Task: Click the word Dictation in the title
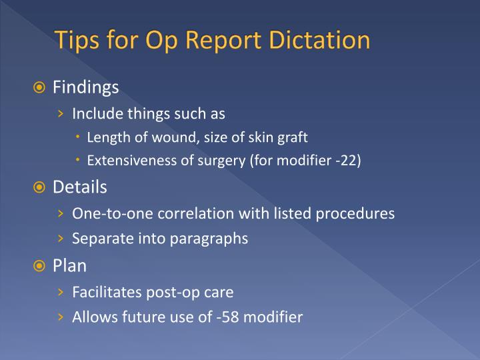(319, 40)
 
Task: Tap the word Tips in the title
(77, 41)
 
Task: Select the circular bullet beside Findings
(39, 88)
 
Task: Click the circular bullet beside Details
(39, 187)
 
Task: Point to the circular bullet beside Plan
(39, 266)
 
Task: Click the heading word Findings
(86, 88)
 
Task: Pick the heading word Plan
(69, 265)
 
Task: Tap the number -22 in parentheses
(346, 161)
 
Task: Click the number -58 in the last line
(227, 317)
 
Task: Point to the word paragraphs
(209, 239)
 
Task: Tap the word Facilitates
(107, 292)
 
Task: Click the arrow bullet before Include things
(61, 114)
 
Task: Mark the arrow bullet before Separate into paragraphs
(61, 238)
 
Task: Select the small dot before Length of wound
(78, 136)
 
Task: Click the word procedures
(355, 214)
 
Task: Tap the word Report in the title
(223, 41)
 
